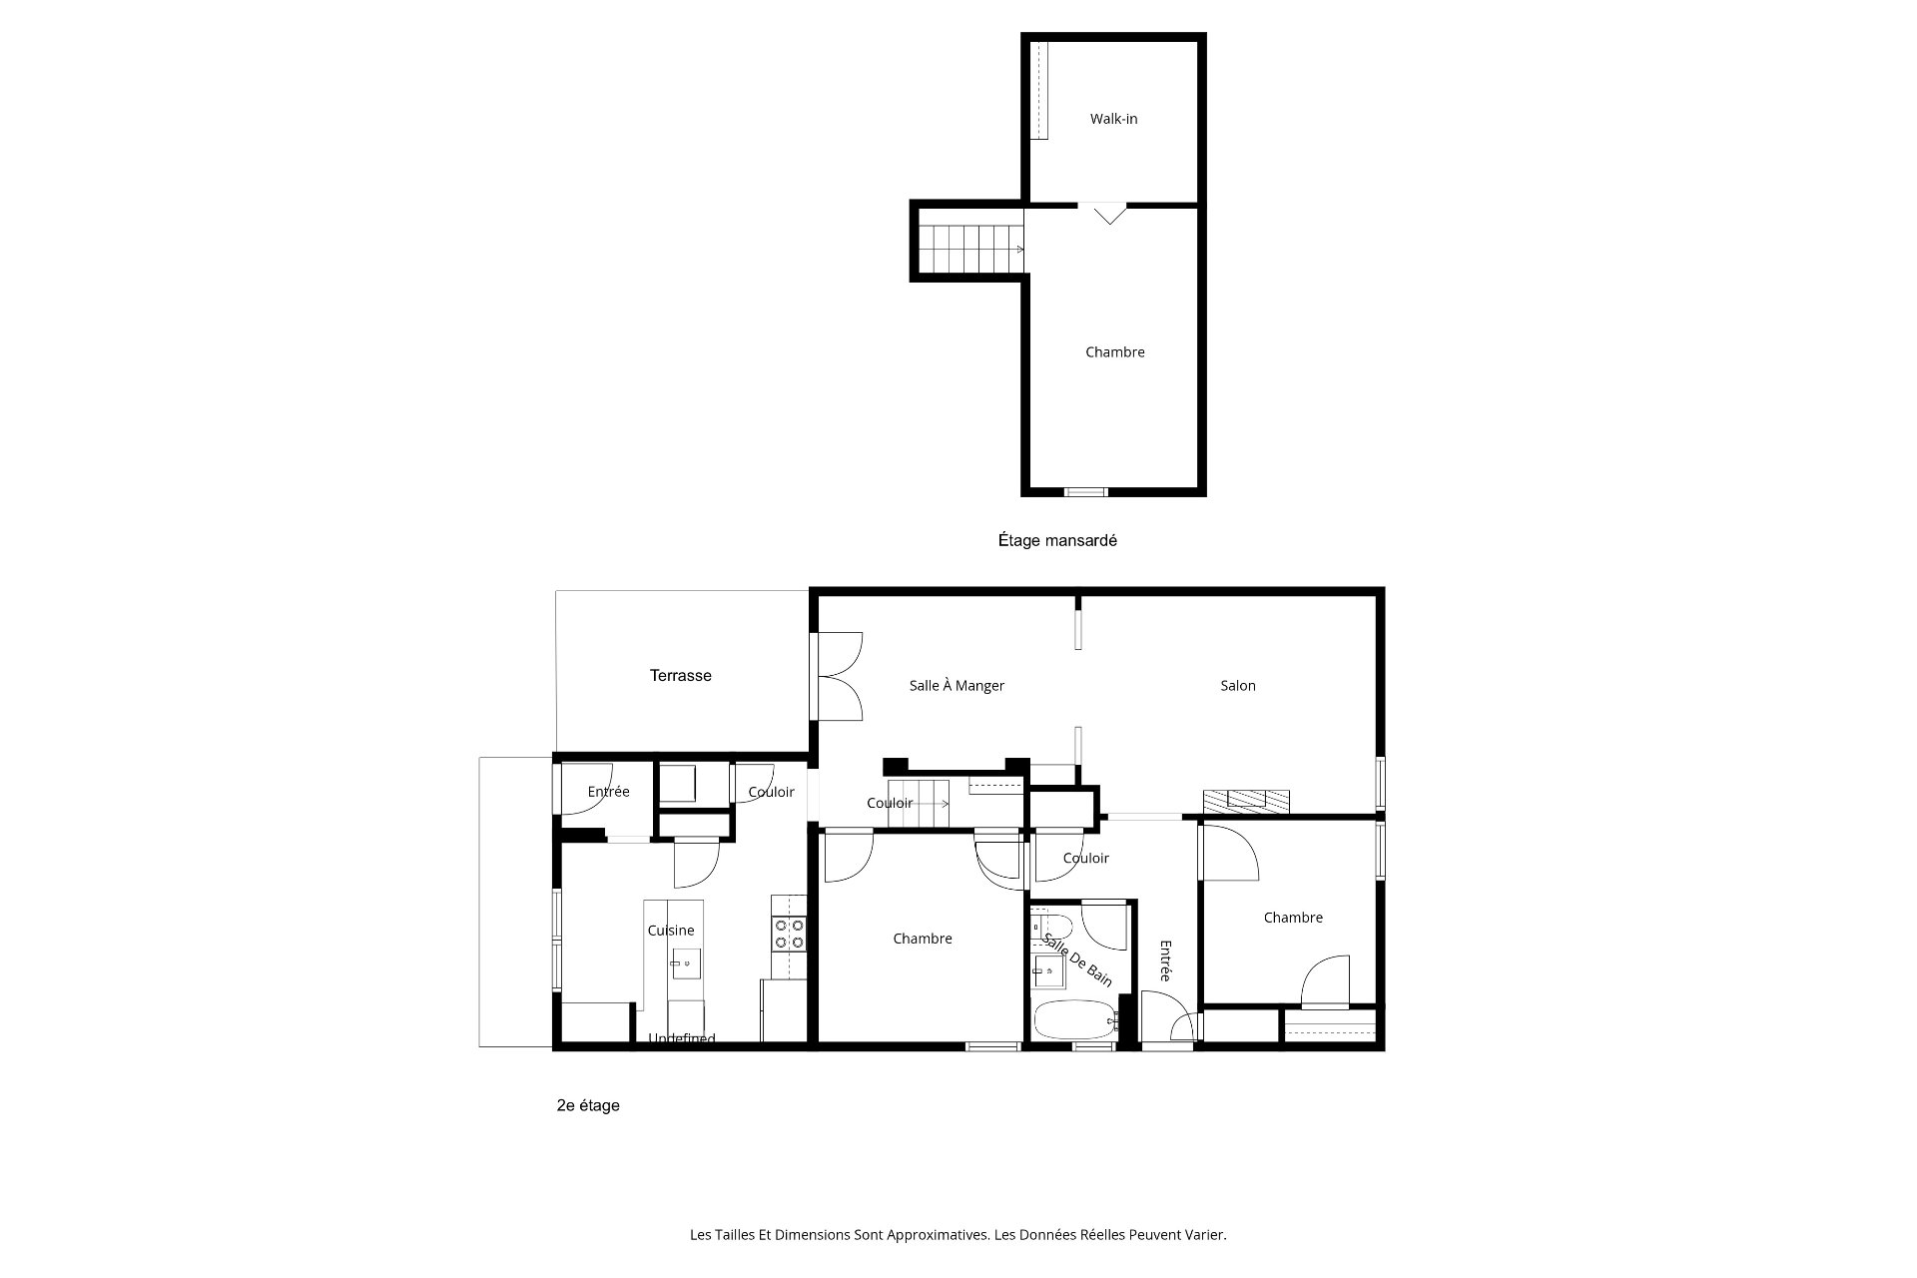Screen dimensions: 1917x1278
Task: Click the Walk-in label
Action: [1113, 119]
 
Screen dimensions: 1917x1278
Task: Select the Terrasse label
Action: [681, 676]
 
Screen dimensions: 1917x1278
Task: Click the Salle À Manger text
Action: [957, 686]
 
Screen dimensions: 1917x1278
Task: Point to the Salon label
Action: [1238, 686]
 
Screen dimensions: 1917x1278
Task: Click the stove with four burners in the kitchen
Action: [788, 934]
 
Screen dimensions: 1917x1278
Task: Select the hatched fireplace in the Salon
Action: [1246, 800]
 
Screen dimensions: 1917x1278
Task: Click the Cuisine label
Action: [671, 931]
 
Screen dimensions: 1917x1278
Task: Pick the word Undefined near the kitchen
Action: [682, 1038]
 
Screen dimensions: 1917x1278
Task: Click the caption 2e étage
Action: [588, 1105]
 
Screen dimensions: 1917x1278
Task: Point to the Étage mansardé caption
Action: [1057, 540]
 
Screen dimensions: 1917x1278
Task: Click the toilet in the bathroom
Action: [1051, 924]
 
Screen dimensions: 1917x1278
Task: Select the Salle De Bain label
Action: [1076, 959]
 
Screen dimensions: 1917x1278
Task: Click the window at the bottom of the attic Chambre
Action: [1085, 491]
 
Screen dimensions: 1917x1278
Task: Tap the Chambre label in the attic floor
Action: [1115, 352]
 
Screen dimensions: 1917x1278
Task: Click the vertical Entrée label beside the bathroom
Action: [1164, 960]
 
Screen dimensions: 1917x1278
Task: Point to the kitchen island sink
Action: [686, 962]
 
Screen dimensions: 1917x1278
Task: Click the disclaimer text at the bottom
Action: [958, 1235]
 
